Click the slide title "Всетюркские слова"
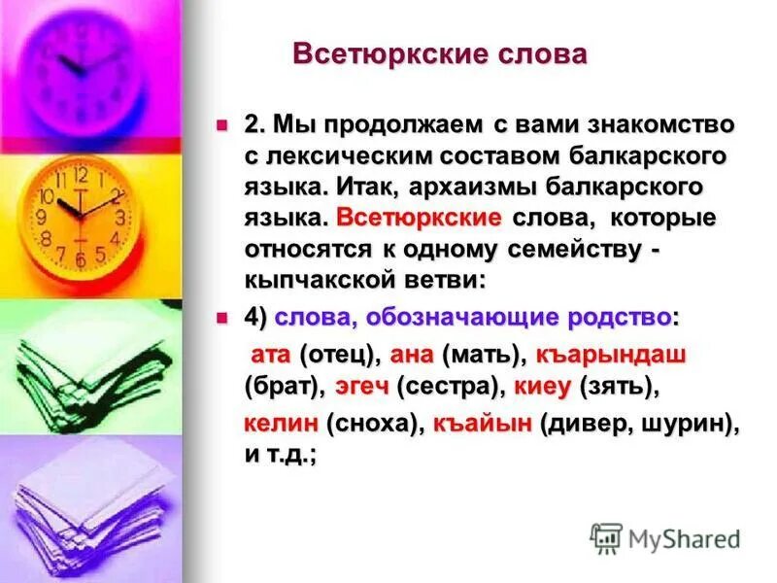pos(440,53)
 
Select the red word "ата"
pos(271,356)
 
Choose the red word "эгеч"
pos(362,387)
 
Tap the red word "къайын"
pos(482,425)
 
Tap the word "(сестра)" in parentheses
pos(447,387)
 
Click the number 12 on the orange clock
pos(81,176)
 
